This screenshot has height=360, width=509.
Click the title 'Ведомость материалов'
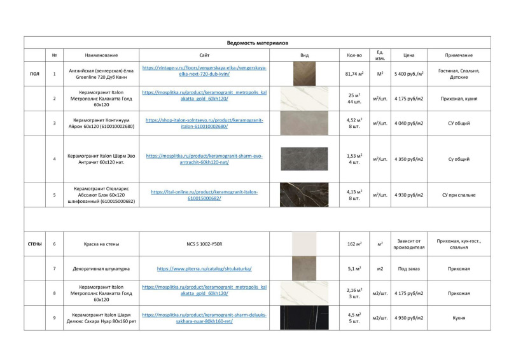pos(258,43)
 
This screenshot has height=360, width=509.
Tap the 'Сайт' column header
pos(204,55)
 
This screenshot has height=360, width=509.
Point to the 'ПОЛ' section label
pos(34,74)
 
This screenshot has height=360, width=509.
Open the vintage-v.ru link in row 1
pos(204,71)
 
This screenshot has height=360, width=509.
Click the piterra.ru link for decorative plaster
pos(204,268)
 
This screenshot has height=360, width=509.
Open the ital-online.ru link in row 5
pos(204,195)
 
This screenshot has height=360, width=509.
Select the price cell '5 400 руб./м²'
pos(409,74)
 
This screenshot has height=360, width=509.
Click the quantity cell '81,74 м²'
pos(354,74)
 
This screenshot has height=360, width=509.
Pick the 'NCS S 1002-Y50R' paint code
pos(204,244)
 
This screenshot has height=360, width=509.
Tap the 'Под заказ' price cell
pos(409,268)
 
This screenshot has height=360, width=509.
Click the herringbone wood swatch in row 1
pos(304,74)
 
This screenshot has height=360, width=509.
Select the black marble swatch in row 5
pos(304,195)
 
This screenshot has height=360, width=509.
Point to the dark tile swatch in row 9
pos(304,317)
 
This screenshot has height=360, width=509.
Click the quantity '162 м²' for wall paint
pos(354,244)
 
